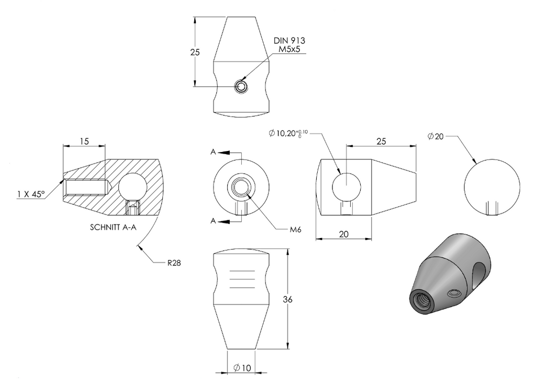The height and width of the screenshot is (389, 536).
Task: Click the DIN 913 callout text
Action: tap(289, 40)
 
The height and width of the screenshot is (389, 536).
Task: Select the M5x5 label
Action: tap(289, 49)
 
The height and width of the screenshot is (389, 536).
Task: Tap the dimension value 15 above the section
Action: tap(84, 141)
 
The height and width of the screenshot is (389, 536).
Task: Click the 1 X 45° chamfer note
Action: tap(31, 194)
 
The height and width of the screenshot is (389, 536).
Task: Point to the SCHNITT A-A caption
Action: tap(113, 227)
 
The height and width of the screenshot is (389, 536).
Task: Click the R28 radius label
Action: tap(174, 263)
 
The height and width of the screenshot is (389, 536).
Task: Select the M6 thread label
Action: tap(295, 230)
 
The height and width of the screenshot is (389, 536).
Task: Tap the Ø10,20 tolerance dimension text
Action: tap(288, 133)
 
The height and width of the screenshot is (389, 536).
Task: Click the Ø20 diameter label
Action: tap(435, 136)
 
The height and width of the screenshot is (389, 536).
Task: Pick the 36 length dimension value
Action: tap(287, 299)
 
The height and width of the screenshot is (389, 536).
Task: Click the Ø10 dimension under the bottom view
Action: tap(242, 368)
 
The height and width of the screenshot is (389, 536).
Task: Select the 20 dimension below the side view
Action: tap(343, 234)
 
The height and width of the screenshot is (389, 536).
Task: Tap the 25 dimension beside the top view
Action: tap(195, 52)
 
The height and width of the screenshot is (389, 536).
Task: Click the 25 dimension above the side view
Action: tap(381, 141)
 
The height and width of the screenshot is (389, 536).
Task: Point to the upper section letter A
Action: tap(213, 152)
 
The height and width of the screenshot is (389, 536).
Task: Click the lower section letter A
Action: tap(213, 221)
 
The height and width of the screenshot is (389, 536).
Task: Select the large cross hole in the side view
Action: tap(347, 187)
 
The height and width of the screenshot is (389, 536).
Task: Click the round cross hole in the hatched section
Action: tap(132, 187)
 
